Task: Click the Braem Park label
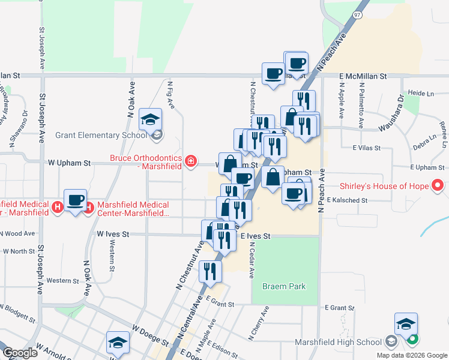click(283, 287)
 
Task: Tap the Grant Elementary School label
click(101, 135)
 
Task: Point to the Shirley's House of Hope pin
click(438, 186)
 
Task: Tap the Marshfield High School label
click(339, 343)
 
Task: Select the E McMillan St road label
click(363, 77)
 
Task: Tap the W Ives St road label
click(112, 235)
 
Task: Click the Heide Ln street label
click(420, 94)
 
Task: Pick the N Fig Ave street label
click(170, 96)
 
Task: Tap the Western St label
click(63, 280)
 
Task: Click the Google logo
click(20, 353)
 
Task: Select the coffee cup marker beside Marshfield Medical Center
click(76, 200)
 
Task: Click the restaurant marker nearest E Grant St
click(210, 271)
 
